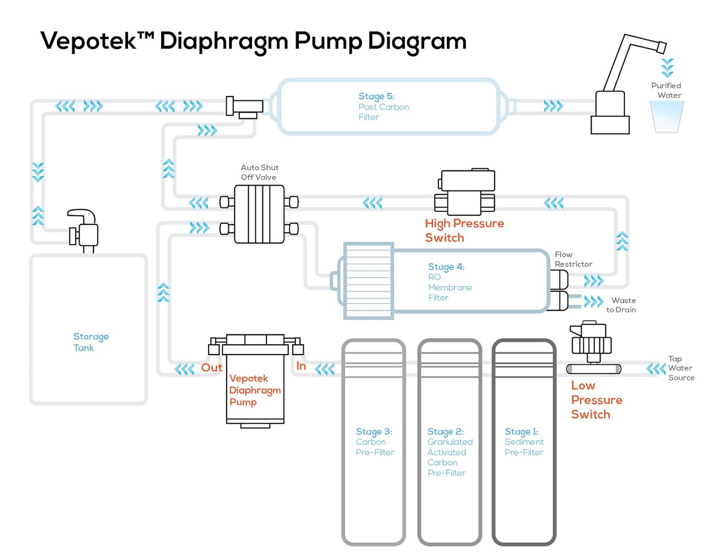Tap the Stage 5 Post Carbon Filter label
point(383,107)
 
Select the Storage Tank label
point(91,342)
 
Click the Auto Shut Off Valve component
point(259,214)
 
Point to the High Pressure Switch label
point(464,231)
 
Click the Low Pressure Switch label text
point(596,400)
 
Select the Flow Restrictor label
point(573,259)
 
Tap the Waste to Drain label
point(621,305)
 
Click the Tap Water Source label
point(681,368)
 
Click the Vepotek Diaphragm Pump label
point(254,390)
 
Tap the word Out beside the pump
point(212,368)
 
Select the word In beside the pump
point(301,366)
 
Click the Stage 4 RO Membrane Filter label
point(449,282)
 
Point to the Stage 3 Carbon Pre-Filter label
point(375,442)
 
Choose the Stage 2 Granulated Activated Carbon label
point(449,452)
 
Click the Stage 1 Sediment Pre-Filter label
point(523,442)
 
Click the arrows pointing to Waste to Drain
point(593,302)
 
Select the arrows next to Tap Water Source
point(656,369)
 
